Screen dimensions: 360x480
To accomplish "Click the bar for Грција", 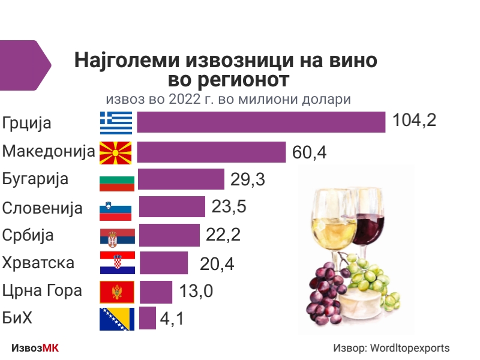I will point(261,122).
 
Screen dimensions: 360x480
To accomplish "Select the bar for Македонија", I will point(211,152).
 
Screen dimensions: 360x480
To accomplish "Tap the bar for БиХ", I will point(148,318).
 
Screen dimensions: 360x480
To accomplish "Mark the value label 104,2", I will point(414,121).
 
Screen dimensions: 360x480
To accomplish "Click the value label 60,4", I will point(309,152).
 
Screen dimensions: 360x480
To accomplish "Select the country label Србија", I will point(28,235).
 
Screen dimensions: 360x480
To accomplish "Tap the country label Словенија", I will point(42,208).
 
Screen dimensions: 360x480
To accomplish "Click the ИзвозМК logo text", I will point(35,348).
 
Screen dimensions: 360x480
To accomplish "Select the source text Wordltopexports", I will point(410,348).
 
